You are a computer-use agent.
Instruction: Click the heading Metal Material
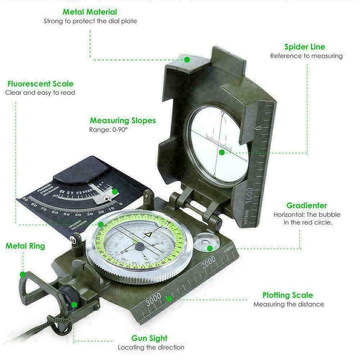point(90,12)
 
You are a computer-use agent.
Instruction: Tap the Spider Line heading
point(305,47)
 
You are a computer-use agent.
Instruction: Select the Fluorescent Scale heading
point(40,84)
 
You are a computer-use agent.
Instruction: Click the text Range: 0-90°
point(108,130)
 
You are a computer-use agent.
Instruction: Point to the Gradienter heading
point(307,205)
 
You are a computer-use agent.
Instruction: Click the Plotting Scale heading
point(288,295)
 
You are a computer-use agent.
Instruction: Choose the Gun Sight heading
point(149,338)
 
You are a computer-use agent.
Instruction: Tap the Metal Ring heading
point(25,246)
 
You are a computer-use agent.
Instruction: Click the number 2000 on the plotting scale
point(210,265)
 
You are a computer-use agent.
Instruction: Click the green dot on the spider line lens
point(221,153)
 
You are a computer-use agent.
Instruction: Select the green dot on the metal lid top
point(187,59)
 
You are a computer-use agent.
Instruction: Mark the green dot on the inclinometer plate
point(115,191)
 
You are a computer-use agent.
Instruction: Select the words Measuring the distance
point(288,305)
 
